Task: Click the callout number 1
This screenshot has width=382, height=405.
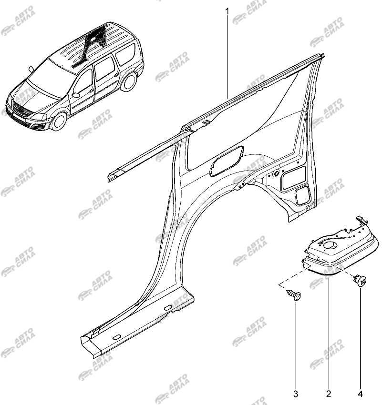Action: coord(227,11)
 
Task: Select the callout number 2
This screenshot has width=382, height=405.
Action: coord(329,394)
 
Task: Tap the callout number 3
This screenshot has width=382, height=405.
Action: coord(296,394)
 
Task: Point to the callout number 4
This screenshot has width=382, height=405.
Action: coord(360,394)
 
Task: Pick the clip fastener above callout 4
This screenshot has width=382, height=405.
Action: coord(360,280)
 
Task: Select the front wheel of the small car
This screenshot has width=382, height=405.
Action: coord(59,121)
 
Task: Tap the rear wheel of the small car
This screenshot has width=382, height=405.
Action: coord(129,81)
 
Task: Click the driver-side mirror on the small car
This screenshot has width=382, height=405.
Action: coord(31,69)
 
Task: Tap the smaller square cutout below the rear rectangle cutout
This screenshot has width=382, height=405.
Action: coord(303,195)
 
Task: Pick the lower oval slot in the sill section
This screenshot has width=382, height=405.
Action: coord(116,337)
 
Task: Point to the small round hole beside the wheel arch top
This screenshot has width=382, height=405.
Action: coord(276,173)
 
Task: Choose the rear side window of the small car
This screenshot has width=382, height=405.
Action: coord(125,55)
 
